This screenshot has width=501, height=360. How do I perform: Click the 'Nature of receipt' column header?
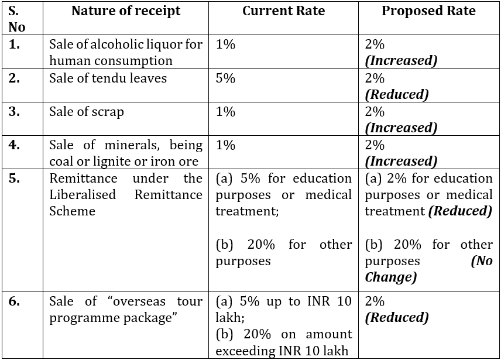click(126, 11)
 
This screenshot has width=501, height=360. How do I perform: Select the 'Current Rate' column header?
click(283, 11)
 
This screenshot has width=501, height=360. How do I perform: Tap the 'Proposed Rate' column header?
click(428, 11)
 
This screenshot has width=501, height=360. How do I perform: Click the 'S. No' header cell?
click(17, 19)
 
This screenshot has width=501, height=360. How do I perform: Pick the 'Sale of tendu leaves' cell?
click(108, 78)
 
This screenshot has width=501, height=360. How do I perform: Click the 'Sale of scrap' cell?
click(87, 111)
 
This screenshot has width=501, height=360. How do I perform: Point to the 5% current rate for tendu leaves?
click(225, 78)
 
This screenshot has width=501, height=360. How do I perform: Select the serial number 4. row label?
click(15, 145)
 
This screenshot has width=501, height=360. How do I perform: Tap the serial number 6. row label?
click(15, 301)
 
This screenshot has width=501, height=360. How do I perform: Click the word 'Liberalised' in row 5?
click(83, 194)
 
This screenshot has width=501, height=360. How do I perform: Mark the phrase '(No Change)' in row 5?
click(428, 269)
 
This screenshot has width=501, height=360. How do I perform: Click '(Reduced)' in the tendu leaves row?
click(397, 94)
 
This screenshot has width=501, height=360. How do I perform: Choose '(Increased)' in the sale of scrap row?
click(401, 128)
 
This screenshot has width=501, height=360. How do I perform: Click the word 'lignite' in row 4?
click(121, 161)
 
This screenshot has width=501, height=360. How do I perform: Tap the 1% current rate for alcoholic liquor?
click(225, 44)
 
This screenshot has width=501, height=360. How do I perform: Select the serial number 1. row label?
click(15, 44)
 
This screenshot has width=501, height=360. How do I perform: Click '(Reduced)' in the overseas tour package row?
click(397, 318)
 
